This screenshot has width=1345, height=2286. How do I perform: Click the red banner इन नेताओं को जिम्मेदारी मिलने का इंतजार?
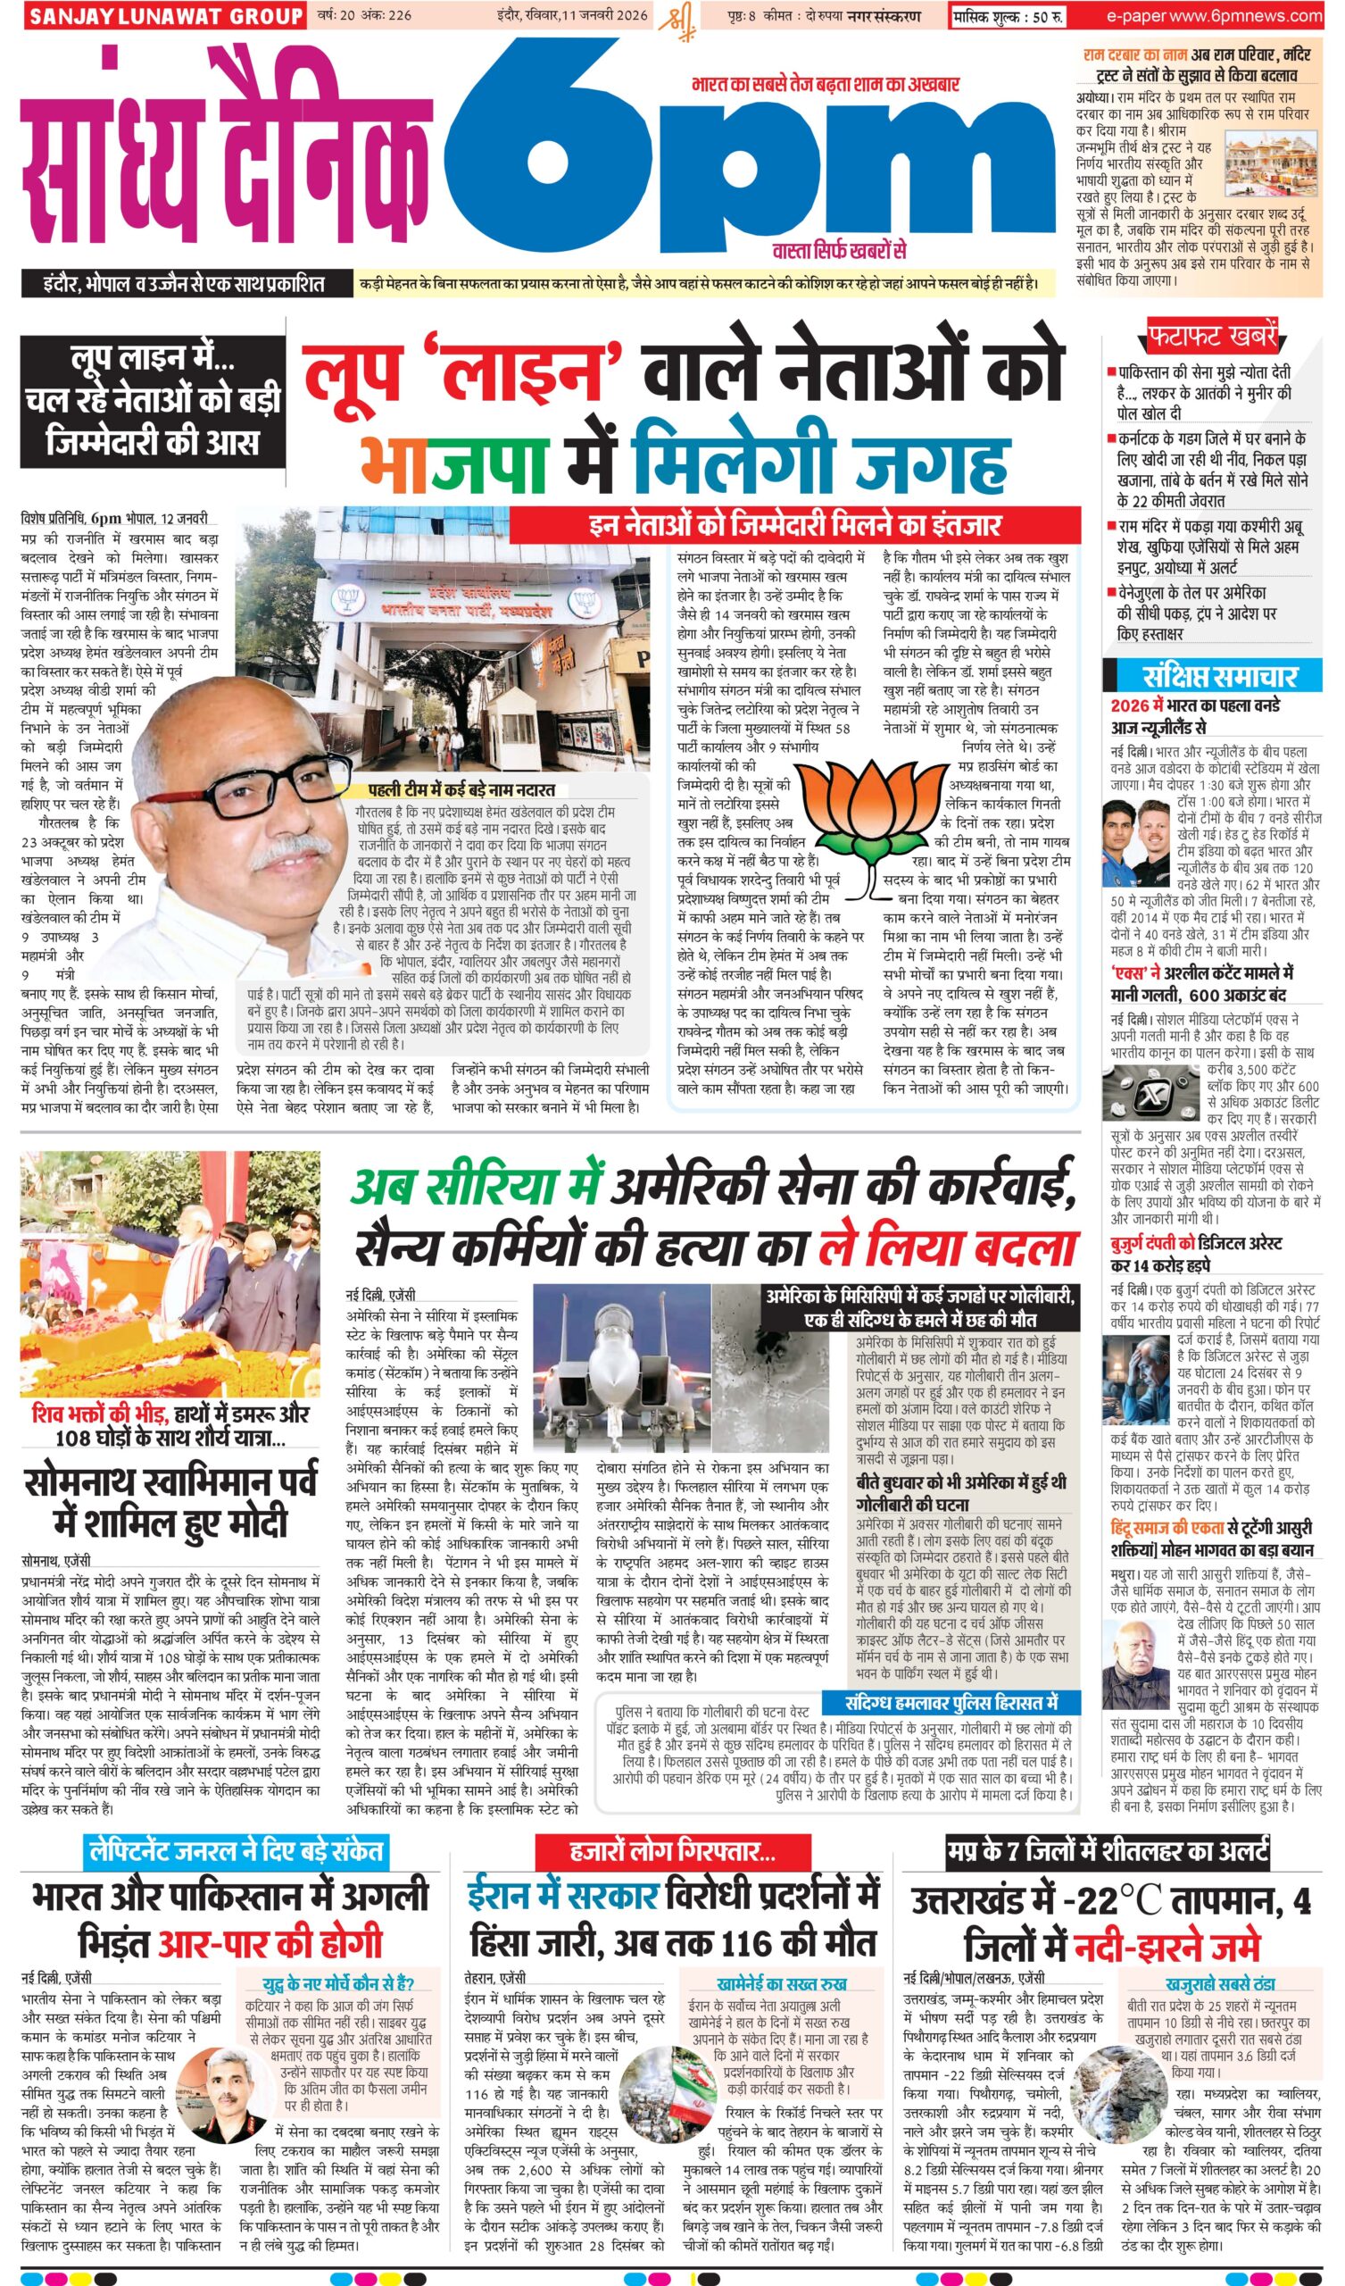[794, 524]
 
